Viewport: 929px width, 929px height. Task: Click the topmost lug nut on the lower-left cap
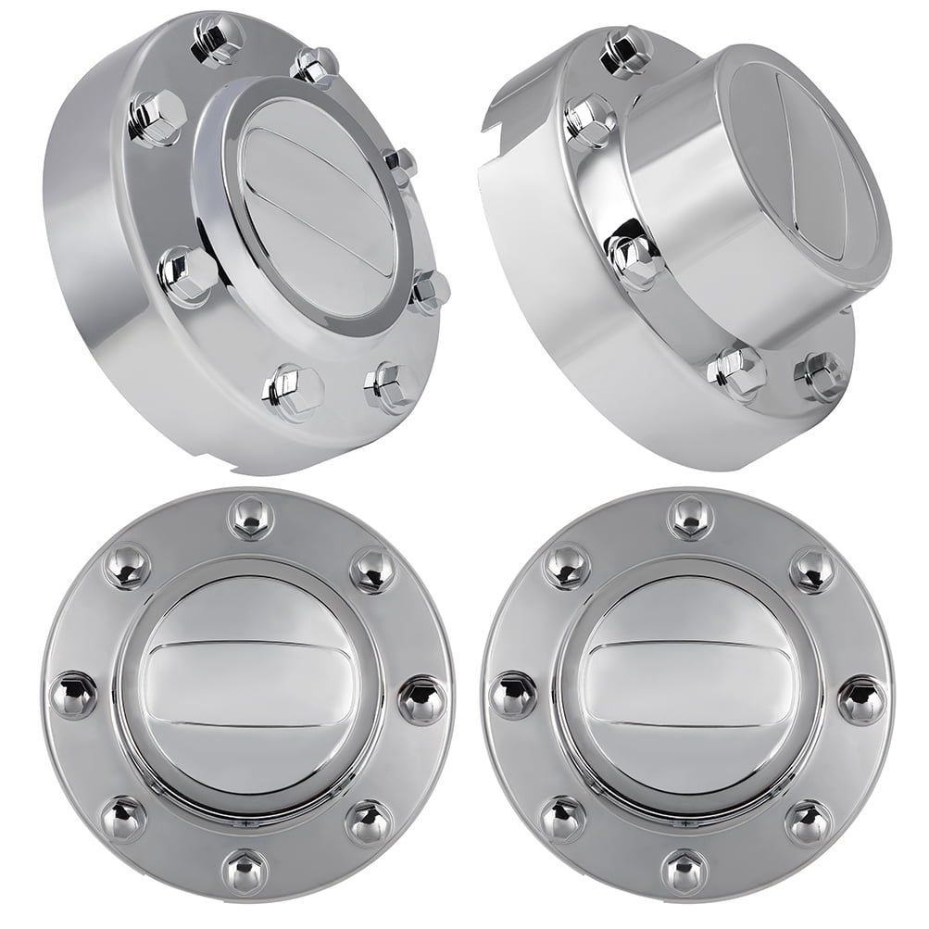(251, 515)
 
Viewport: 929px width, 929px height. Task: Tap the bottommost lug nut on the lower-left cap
(246, 871)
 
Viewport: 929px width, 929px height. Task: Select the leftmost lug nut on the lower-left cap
(74, 695)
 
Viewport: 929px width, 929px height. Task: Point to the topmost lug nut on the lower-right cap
(691, 515)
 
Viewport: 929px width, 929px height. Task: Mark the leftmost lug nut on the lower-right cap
(514, 695)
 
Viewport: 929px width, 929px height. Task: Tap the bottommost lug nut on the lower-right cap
(686, 871)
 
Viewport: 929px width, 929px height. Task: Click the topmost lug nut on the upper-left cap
(219, 38)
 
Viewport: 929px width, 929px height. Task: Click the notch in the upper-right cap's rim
(496, 116)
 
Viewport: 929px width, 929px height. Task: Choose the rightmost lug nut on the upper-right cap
(822, 376)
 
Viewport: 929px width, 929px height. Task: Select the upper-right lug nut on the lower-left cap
(373, 569)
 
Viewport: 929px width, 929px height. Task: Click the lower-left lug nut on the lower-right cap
(563, 818)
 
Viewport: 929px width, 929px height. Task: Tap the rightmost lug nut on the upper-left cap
(429, 291)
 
